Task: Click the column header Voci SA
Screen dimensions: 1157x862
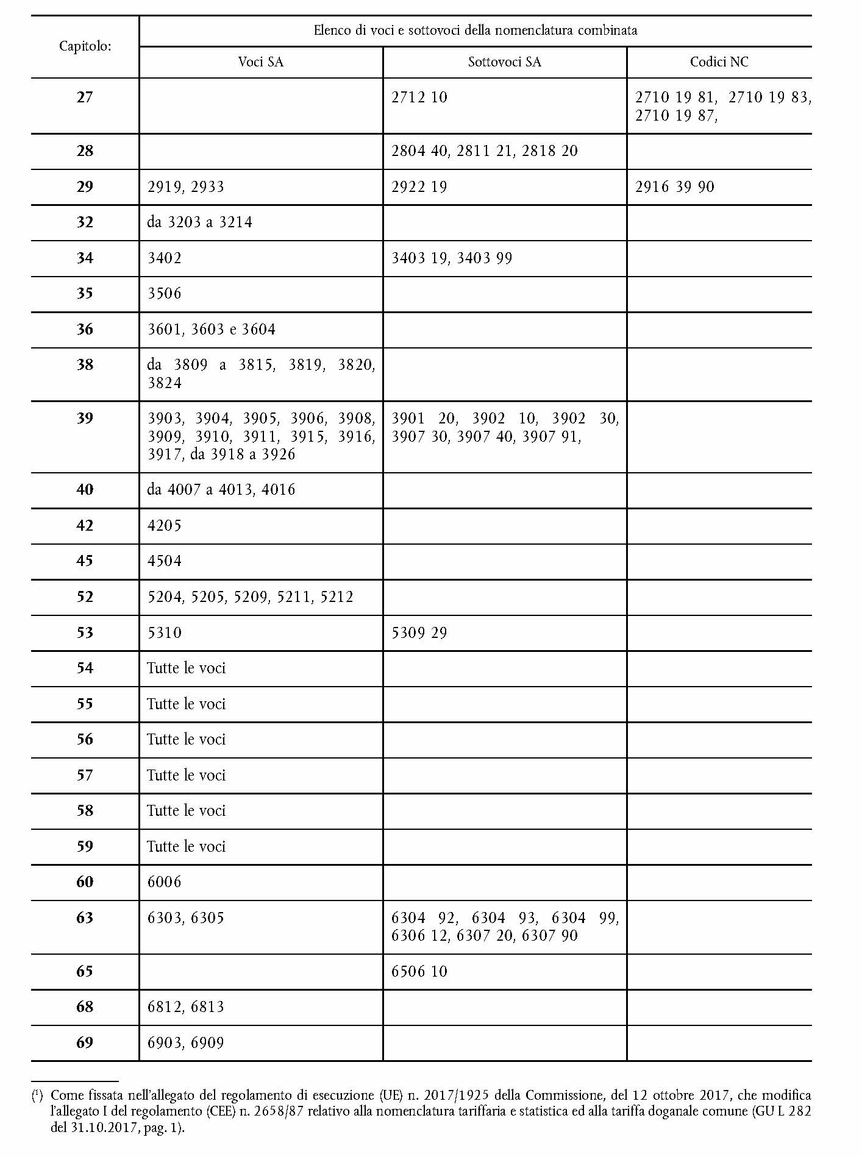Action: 260,62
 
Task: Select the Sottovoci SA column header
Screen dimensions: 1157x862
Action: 504,62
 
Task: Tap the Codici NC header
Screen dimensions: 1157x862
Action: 719,62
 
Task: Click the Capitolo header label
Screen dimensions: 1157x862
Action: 85,46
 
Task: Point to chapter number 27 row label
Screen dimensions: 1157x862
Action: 85,97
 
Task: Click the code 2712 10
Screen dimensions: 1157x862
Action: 419,97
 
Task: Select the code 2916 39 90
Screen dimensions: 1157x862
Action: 674,187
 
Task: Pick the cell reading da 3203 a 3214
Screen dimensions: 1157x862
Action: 199,222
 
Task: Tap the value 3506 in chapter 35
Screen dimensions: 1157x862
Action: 165,294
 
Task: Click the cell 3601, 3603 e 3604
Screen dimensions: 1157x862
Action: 212,330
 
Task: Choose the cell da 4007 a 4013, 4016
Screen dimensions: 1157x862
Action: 221,490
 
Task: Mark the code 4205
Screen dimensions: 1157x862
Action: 165,526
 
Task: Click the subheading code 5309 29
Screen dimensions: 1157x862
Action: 419,633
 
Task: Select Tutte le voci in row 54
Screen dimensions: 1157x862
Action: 186,668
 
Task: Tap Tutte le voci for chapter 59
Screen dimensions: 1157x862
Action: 186,847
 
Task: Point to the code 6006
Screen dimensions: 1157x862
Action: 165,882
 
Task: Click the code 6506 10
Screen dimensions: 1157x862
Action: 419,972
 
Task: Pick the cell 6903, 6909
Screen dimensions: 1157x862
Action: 185,1043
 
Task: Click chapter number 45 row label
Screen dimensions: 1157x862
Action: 85,561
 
